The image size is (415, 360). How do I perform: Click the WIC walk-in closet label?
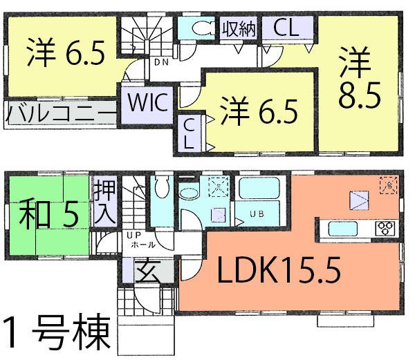pos(146,103)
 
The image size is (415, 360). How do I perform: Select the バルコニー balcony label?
pos(62,113)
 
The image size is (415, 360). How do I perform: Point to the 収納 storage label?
pos(239,29)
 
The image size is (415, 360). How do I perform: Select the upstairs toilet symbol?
pos(203,28)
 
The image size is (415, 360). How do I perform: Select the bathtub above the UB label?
pos(257,189)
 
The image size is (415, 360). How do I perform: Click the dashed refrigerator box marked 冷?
pos(386,184)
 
